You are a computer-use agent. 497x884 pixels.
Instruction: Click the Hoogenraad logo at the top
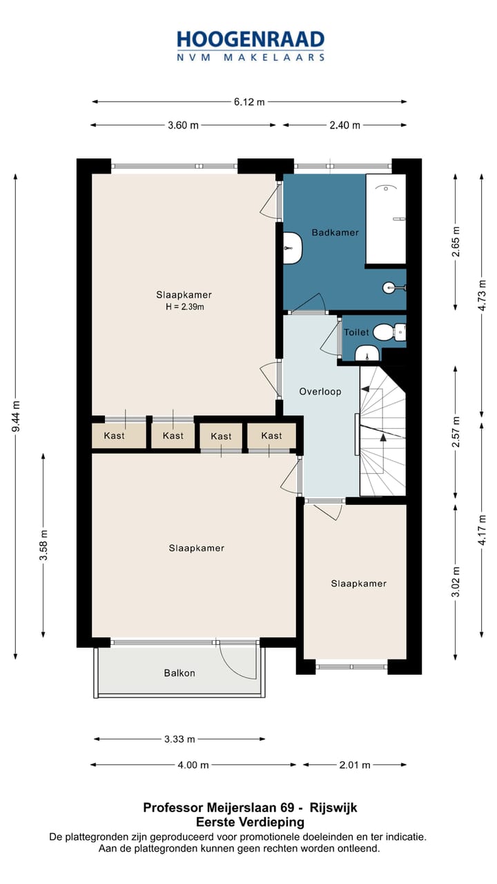(251, 46)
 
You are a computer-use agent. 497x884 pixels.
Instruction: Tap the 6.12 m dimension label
(249, 102)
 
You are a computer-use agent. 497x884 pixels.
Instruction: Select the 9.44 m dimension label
(16, 416)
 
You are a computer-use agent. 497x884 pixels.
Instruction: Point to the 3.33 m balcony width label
(179, 739)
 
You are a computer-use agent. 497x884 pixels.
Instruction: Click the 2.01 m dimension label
(355, 765)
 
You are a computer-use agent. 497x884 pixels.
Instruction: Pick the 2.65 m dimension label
(456, 242)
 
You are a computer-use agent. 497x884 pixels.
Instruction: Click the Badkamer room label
(335, 233)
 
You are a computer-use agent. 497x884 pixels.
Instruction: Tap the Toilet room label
(356, 332)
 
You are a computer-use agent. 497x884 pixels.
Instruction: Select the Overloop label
(320, 392)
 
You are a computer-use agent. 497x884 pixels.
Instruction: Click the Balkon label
(179, 673)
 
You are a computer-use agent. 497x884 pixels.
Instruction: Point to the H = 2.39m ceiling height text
(184, 307)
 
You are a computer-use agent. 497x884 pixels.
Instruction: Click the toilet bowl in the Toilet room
(382, 332)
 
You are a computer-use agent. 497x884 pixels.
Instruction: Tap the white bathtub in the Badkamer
(386, 219)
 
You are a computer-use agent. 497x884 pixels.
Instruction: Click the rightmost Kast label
(271, 436)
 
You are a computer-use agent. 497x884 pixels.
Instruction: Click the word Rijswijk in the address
(333, 808)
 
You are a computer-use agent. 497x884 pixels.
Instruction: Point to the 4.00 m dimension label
(193, 765)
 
